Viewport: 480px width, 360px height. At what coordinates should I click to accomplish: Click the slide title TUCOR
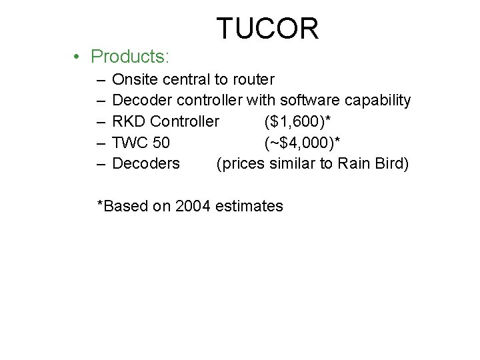tap(267, 28)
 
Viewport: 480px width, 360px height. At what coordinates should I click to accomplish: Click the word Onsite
tap(136, 80)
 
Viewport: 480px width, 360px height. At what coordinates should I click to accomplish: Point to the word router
tap(253, 80)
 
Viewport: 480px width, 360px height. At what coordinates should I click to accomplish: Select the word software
tap(309, 101)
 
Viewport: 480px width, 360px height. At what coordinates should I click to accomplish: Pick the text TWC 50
tap(141, 143)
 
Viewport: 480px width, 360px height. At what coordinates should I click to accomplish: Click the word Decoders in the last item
tap(146, 163)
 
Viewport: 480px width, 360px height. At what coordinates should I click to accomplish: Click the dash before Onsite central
tap(100, 80)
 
